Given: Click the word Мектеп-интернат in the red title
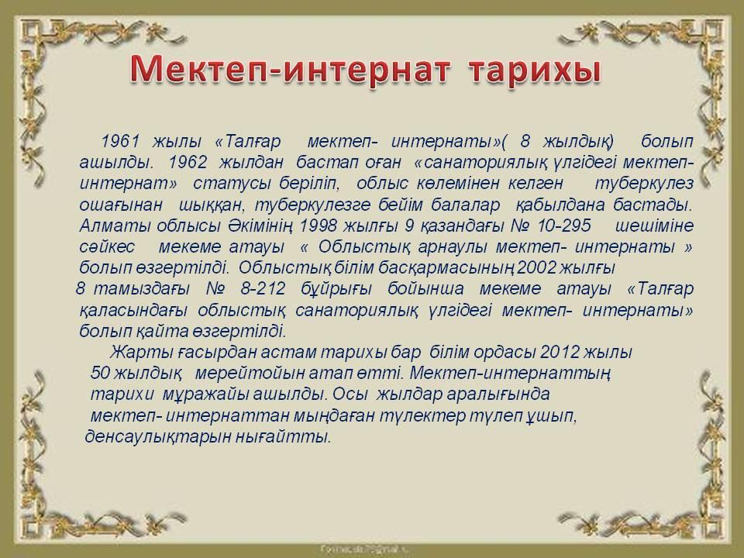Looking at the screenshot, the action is (x=289, y=71).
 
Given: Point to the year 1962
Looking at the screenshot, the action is (x=188, y=162).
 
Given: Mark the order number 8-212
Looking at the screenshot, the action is (x=263, y=288).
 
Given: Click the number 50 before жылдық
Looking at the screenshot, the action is (x=100, y=373).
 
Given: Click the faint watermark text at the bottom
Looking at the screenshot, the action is (x=365, y=549).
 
